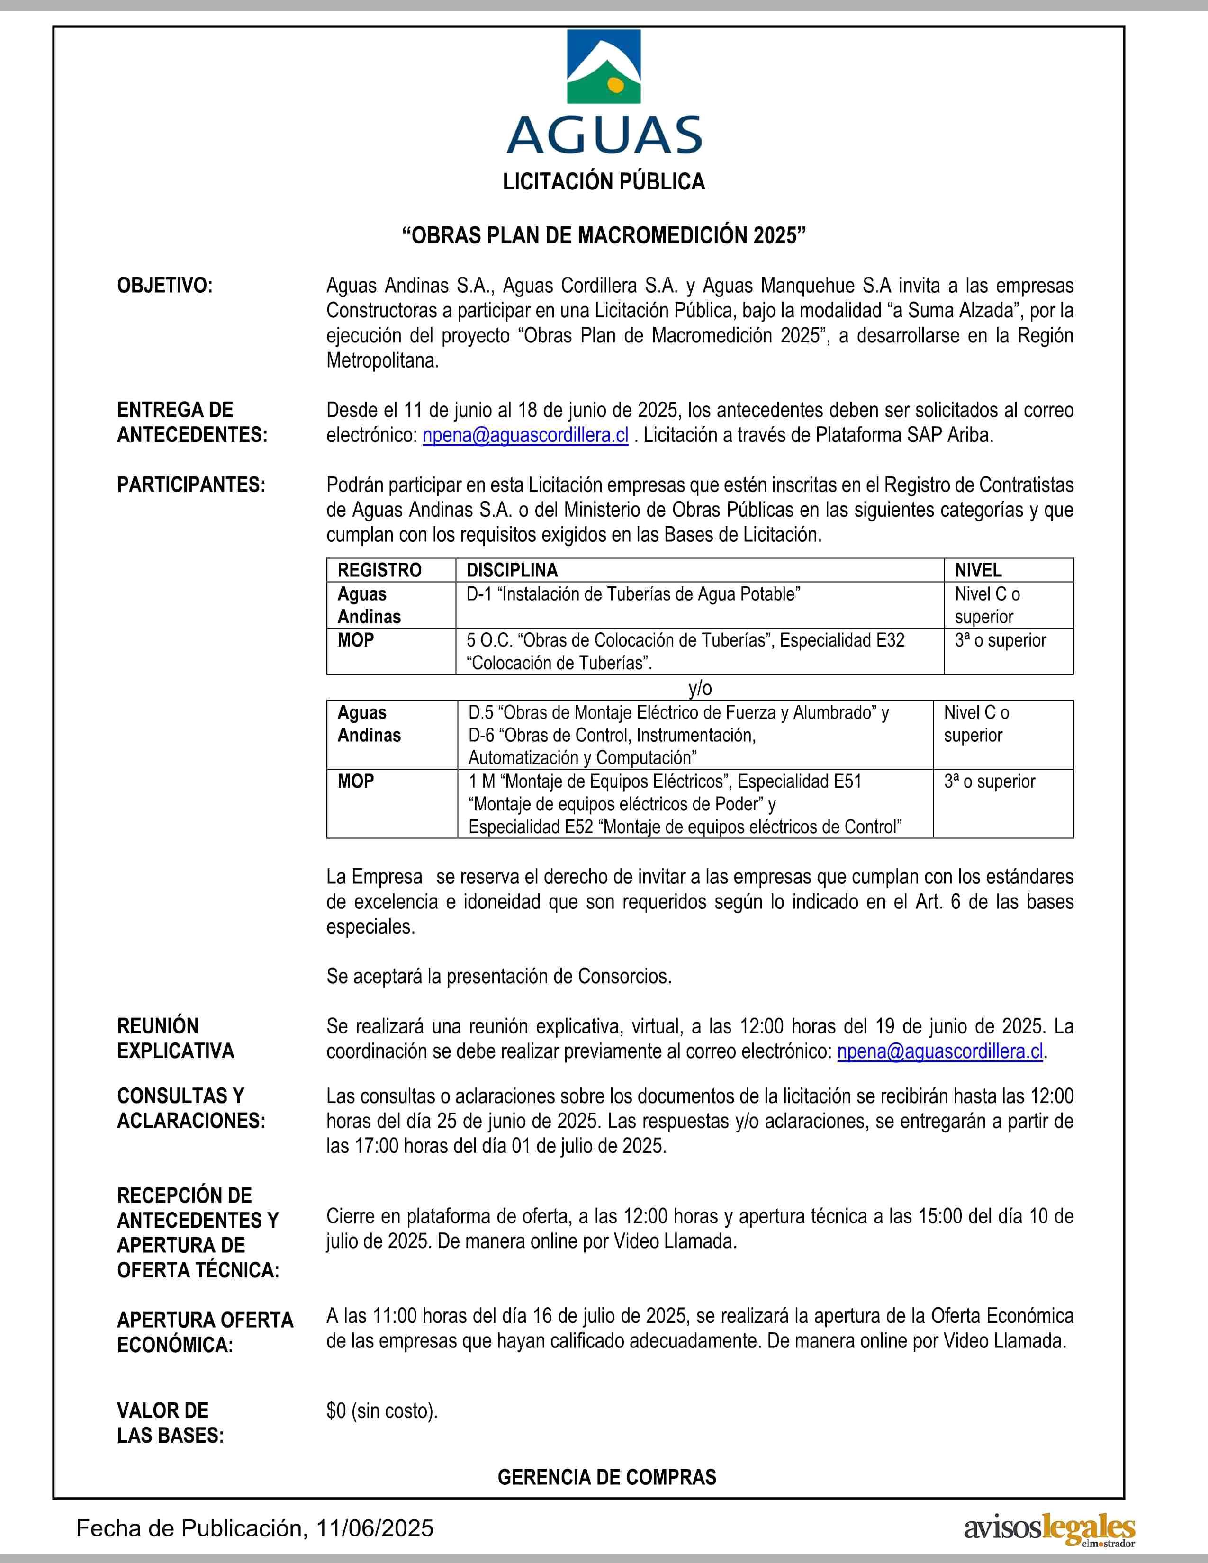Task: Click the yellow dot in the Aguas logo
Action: coord(613,84)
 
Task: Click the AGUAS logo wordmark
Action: coord(604,135)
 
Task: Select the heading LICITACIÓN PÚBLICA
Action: coord(604,182)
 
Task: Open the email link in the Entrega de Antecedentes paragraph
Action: coord(525,435)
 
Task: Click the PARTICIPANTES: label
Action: coord(191,485)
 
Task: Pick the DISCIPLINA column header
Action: coord(512,570)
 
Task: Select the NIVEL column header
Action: coord(978,570)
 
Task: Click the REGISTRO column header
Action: coord(379,570)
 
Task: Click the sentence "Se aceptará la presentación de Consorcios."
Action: coord(499,976)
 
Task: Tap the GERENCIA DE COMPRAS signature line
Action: coord(607,1477)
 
